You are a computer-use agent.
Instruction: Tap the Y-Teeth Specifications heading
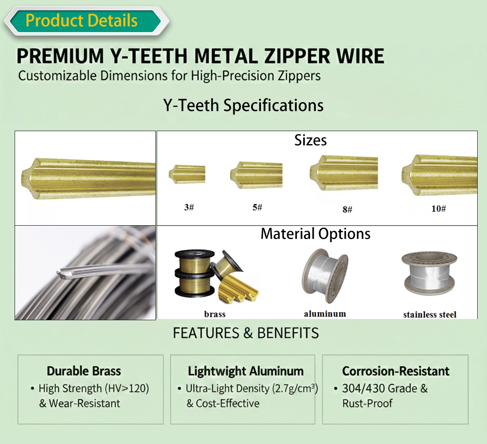point(243,105)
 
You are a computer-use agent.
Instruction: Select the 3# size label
point(189,207)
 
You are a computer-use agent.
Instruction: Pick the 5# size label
point(257,207)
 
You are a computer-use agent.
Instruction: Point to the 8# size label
point(347,209)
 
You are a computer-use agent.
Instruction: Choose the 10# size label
point(439,208)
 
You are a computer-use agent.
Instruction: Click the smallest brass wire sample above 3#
point(187,175)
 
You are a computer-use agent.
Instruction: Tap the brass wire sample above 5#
point(256,175)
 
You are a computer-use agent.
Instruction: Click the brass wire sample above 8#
point(343,173)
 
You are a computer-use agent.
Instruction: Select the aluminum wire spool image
point(325,276)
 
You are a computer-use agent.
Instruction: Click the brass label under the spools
point(215,314)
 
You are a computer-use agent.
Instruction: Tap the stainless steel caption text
point(430,315)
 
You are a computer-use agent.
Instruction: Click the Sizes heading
point(310,140)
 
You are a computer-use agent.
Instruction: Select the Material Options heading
point(315,234)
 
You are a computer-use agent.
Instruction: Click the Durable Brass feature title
point(84,371)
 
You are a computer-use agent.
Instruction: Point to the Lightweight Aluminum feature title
point(246,371)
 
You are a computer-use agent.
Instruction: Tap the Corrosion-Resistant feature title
point(396,371)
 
